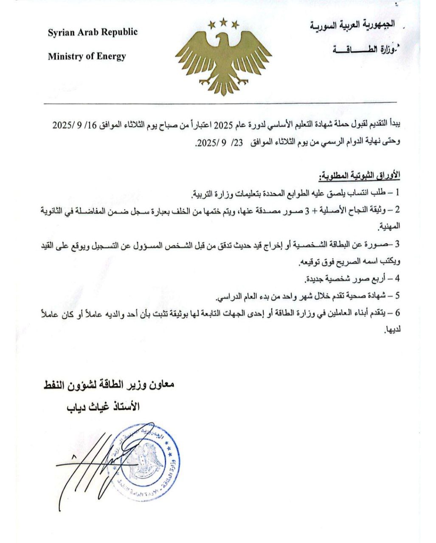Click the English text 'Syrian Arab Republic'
click(x=93, y=33)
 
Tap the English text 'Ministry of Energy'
click(x=87, y=56)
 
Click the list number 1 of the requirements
click(x=397, y=193)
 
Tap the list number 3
click(x=397, y=245)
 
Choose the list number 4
click(x=397, y=280)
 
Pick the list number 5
click(x=397, y=296)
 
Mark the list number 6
click(x=397, y=313)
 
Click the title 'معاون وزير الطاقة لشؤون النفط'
click(x=108, y=386)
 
